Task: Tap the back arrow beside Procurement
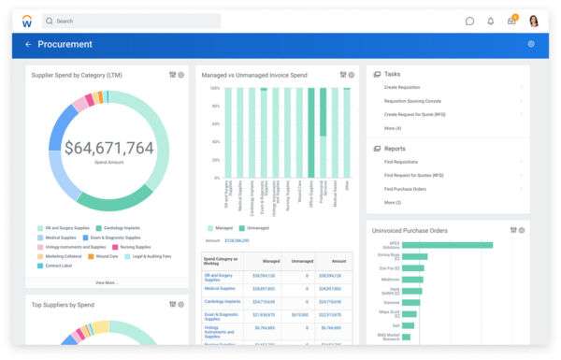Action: pyautogui.click(x=28, y=44)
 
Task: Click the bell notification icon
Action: pyautogui.click(x=491, y=21)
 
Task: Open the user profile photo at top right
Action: pyautogui.click(x=534, y=21)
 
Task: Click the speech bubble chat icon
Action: pyautogui.click(x=469, y=21)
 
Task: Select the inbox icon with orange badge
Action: pyautogui.click(x=511, y=21)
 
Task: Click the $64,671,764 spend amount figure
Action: pyautogui.click(x=108, y=148)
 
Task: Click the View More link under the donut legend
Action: pyautogui.click(x=107, y=281)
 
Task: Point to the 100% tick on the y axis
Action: pyautogui.click(x=214, y=89)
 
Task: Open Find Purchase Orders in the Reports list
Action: pyautogui.click(x=406, y=188)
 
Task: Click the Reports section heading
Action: pyautogui.click(x=395, y=149)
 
